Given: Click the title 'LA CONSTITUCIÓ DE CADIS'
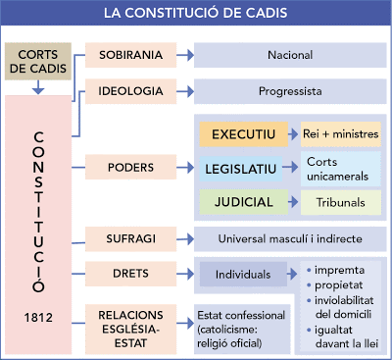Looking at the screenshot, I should coord(196,14).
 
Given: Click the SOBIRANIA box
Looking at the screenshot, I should coord(131,55).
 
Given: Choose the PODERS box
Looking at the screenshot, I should coord(131,167).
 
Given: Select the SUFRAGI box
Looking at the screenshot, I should coord(131,238).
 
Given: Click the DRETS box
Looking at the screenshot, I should coord(131,273).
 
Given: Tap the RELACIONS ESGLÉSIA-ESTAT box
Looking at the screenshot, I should coord(131,323).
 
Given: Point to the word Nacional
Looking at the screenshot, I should coord(289,55).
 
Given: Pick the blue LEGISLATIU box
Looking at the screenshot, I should coord(244,168).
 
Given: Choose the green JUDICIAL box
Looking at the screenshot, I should coord(244,202).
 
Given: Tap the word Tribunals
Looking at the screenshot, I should coord(339,202).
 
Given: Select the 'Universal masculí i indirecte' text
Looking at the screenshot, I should coord(289,238).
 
